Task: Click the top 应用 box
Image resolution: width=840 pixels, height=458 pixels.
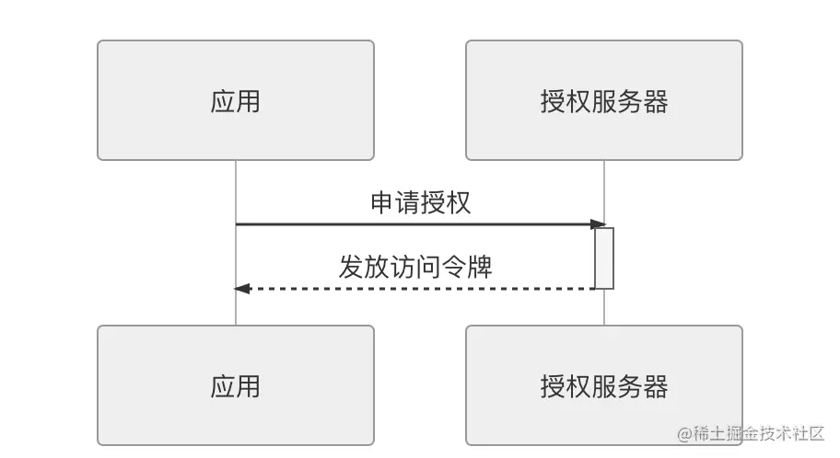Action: pos(235,100)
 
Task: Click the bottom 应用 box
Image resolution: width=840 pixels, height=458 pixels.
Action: pos(235,385)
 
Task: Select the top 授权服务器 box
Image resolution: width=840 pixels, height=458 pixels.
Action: pos(603,100)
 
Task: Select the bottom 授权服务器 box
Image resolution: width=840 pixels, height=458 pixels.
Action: pos(603,385)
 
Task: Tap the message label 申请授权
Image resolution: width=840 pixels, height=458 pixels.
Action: pos(420,202)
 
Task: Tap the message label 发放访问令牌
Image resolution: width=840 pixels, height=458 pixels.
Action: pos(415,267)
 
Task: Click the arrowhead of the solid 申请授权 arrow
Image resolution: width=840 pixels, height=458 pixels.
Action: pos(598,224)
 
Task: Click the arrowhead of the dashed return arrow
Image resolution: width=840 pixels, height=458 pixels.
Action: pos(242,289)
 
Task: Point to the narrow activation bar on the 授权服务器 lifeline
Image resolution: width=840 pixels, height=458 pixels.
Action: pos(604,258)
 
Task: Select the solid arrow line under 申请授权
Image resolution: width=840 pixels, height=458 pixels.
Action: pos(414,224)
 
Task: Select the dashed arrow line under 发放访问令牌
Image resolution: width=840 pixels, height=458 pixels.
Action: pos(414,289)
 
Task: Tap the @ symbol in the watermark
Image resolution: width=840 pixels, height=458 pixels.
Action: pos(685,433)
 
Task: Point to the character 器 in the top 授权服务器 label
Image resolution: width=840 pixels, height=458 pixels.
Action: pos(656,101)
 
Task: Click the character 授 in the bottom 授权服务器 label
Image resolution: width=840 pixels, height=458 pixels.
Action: pos(553,386)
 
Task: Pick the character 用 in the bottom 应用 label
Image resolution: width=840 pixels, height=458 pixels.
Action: pos(249,386)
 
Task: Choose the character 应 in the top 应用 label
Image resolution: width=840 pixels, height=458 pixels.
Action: pos(223,101)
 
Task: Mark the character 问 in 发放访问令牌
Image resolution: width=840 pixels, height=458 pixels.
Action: pos(428,267)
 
